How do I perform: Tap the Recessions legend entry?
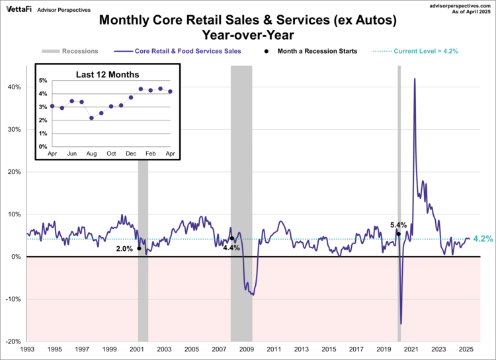click(x=71, y=50)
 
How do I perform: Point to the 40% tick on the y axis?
click(x=16, y=87)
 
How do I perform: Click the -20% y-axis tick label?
click(x=15, y=341)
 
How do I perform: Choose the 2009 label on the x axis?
click(x=246, y=349)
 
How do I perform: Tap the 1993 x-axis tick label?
click(x=27, y=349)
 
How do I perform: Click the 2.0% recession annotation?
click(x=124, y=249)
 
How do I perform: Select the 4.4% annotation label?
click(x=231, y=247)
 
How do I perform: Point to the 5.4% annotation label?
click(x=399, y=225)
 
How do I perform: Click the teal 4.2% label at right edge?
click(x=483, y=239)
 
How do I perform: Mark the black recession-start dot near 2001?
click(x=139, y=248)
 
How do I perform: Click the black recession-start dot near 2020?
click(x=398, y=234)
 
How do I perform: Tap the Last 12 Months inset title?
click(x=110, y=73)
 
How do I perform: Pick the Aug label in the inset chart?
click(x=91, y=154)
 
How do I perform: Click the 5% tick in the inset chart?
click(x=43, y=81)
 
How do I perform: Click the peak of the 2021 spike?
click(x=415, y=79)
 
